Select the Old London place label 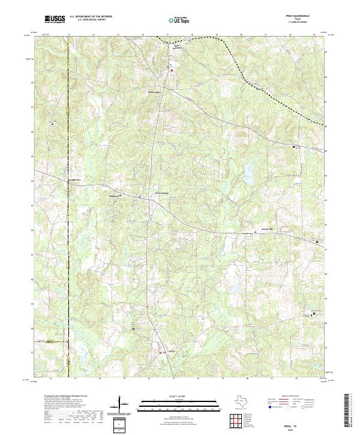tap(154, 92)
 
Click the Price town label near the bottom tap(171, 352)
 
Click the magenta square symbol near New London tap(170, 70)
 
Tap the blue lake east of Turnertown tap(247, 172)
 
